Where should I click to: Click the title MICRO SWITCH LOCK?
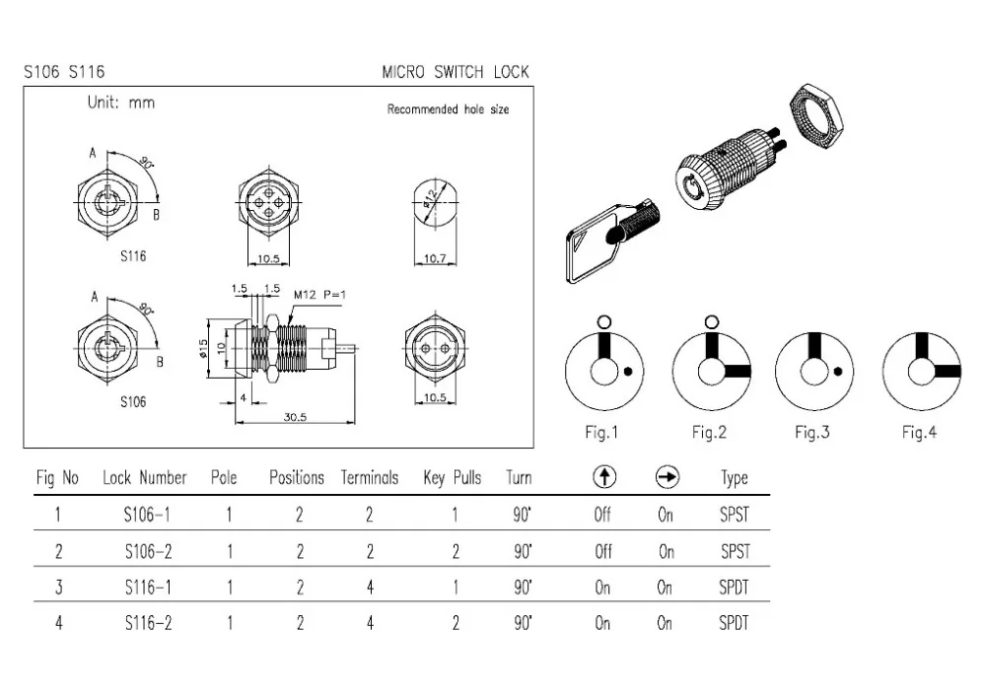click(x=455, y=72)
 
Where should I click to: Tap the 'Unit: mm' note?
click(x=121, y=103)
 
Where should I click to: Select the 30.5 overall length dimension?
click(x=295, y=417)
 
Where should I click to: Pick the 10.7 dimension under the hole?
click(x=435, y=258)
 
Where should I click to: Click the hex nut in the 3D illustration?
click(x=816, y=114)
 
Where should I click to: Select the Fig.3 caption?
click(x=811, y=433)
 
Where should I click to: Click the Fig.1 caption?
click(x=601, y=433)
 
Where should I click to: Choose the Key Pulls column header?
click(x=452, y=478)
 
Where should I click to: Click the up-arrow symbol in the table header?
click(x=603, y=478)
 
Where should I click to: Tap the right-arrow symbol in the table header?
click(x=667, y=478)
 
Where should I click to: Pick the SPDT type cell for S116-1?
click(x=734, y=588)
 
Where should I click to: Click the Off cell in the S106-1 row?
click(x=602, y=516)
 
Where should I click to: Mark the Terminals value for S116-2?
click(x=370, y=623)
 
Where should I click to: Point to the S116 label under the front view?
click(x=133, y=256)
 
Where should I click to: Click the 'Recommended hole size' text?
click(x=448, y=109)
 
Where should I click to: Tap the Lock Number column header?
click(x=144, y=478)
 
